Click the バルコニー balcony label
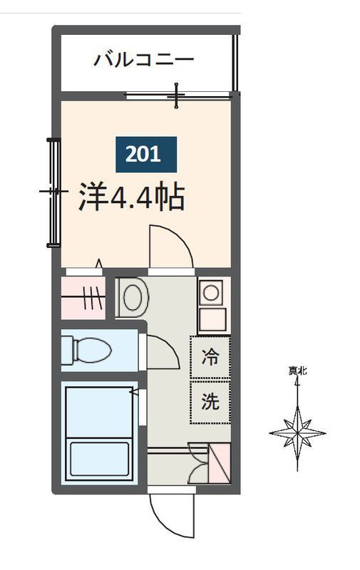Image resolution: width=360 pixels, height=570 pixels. coord(143,59)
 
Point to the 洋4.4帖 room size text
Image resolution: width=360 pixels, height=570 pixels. coord(131,197)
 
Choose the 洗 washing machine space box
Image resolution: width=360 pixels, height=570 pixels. coord(210,403)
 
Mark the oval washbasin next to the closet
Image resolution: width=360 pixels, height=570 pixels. coord(132,296)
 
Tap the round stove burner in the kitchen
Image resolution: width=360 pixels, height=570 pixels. coord(211,291)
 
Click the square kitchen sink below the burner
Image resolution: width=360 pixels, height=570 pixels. coord(212,320)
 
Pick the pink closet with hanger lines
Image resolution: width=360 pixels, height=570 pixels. coord(83,297)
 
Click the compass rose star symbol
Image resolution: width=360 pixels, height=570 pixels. coord(297,432)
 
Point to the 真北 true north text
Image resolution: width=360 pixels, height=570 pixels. coord(297,370)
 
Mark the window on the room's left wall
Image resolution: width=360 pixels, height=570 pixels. coord(52,192)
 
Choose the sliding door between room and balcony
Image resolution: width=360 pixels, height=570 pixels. coord(178,94)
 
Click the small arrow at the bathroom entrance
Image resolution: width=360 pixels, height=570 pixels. coord(133,391)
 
